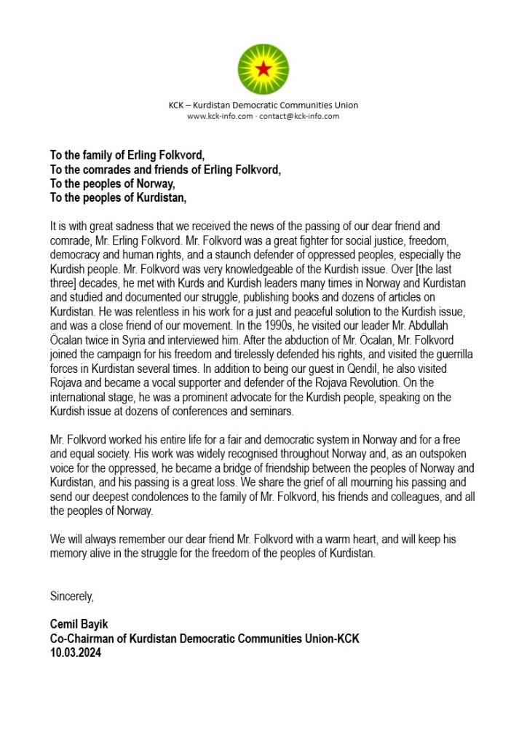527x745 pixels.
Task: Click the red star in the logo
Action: tap(263, 70)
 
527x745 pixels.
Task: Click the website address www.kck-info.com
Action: tap(219, 117)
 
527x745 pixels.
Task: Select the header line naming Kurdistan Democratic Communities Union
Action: tap(263, 105)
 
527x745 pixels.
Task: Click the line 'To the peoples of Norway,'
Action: tap(112, 184)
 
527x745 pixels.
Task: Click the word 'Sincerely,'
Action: tap(72, 596)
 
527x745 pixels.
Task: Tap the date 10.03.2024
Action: tap(76, 653)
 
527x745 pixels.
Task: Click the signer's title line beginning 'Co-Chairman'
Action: tap(205, 639)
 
